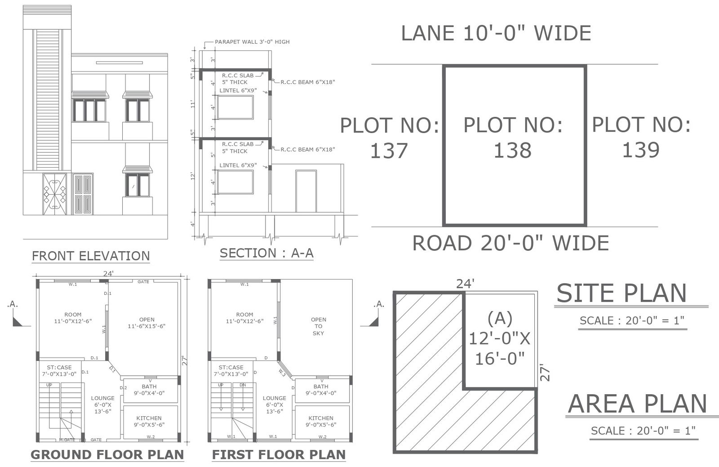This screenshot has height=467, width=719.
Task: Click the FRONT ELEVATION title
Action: [91, 256]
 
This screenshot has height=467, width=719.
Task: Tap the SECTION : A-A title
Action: [266, 253]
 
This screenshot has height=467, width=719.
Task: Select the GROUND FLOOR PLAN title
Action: [107, 454]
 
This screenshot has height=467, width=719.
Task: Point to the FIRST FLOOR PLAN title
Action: [279, 454]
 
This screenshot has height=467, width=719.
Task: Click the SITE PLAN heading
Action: [621, 293]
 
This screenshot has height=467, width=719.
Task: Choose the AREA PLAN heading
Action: [637, 404]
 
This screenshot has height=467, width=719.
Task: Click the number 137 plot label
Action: [389, 151]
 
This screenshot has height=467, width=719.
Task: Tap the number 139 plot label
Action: [641, 150]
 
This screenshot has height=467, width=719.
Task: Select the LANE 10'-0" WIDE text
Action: [496, 33]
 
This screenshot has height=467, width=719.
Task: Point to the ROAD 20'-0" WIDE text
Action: [510, 243]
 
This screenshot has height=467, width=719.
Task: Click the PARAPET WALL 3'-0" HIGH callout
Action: [252, 42]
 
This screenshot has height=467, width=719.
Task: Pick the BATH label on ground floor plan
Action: [149, 386]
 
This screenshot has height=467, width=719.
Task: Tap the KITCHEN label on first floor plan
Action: [321, 418]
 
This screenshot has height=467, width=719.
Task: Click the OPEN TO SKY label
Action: [318, 326]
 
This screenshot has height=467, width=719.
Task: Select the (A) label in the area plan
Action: [500, 318]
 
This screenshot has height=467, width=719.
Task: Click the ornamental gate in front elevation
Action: [54, 194]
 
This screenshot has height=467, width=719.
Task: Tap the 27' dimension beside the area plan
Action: [545, 373]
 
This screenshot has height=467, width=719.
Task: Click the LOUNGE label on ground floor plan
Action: [102, 398]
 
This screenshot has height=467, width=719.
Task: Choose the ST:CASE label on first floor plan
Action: [231, 367]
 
